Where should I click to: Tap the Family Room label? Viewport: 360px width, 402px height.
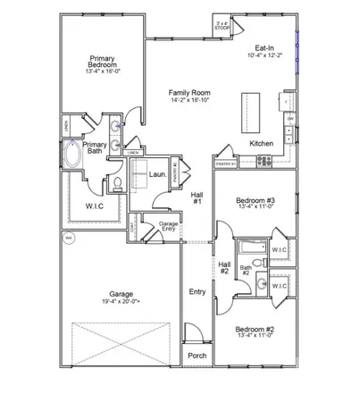pos(189,92)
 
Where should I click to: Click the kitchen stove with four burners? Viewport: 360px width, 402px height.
pos(265,161)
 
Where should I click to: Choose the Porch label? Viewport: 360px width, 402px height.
pos(197,355)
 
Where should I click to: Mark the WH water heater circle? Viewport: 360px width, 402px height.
pos(68,239)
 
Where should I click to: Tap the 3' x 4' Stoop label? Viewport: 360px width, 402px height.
pos(222,25)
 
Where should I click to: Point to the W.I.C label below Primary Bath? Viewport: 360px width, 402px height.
pos(96,205)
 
